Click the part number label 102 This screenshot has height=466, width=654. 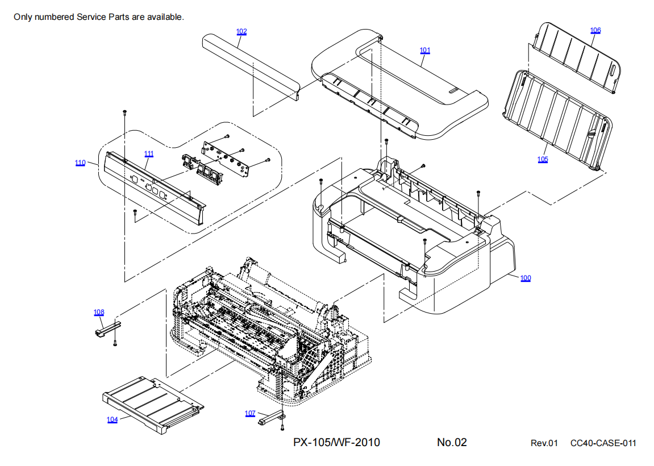pyautogui.click(x=241, y=32)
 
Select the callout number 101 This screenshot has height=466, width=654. pyautogui.click(x=425, y=51)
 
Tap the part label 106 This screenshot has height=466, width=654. pyautogui.click(x=595, y=30)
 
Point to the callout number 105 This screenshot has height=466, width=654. pyautogui.click(x=543, y=159)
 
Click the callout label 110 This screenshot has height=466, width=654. pyautogui.click(x=80, y=163)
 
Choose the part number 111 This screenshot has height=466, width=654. pyautogui.click(x=149, y=154)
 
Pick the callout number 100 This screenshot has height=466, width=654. pyautogui.click(x=526, y=278)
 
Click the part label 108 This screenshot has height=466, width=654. pyautogui.click(x=99, y=312)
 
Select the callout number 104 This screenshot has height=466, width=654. pyautogui.click(x=113, y=419)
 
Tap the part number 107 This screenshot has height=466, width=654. pyautogui.click(x=250, y=413)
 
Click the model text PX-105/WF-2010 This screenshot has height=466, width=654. pyautogui.click(x=337, y=442)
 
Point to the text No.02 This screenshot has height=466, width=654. pyautogui.click(x=452, y=442)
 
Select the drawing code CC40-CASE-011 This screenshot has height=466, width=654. pyautogui.click(x=603, y=443)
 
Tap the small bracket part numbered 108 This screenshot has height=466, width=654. pyautogui.click(x=107, y=329)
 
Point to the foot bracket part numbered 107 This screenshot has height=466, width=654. pyautogui.click(x=272, y=419)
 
